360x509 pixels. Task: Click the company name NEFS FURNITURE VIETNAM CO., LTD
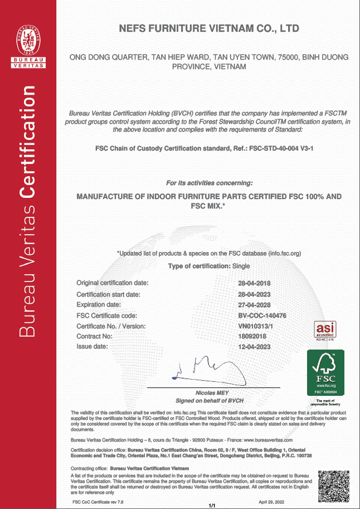209,28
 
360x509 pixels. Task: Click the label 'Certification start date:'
112,294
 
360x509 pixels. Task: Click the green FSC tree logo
325,372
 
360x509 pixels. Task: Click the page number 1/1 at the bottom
212,505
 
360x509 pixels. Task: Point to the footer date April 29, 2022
271,502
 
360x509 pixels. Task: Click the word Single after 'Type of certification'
241,266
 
